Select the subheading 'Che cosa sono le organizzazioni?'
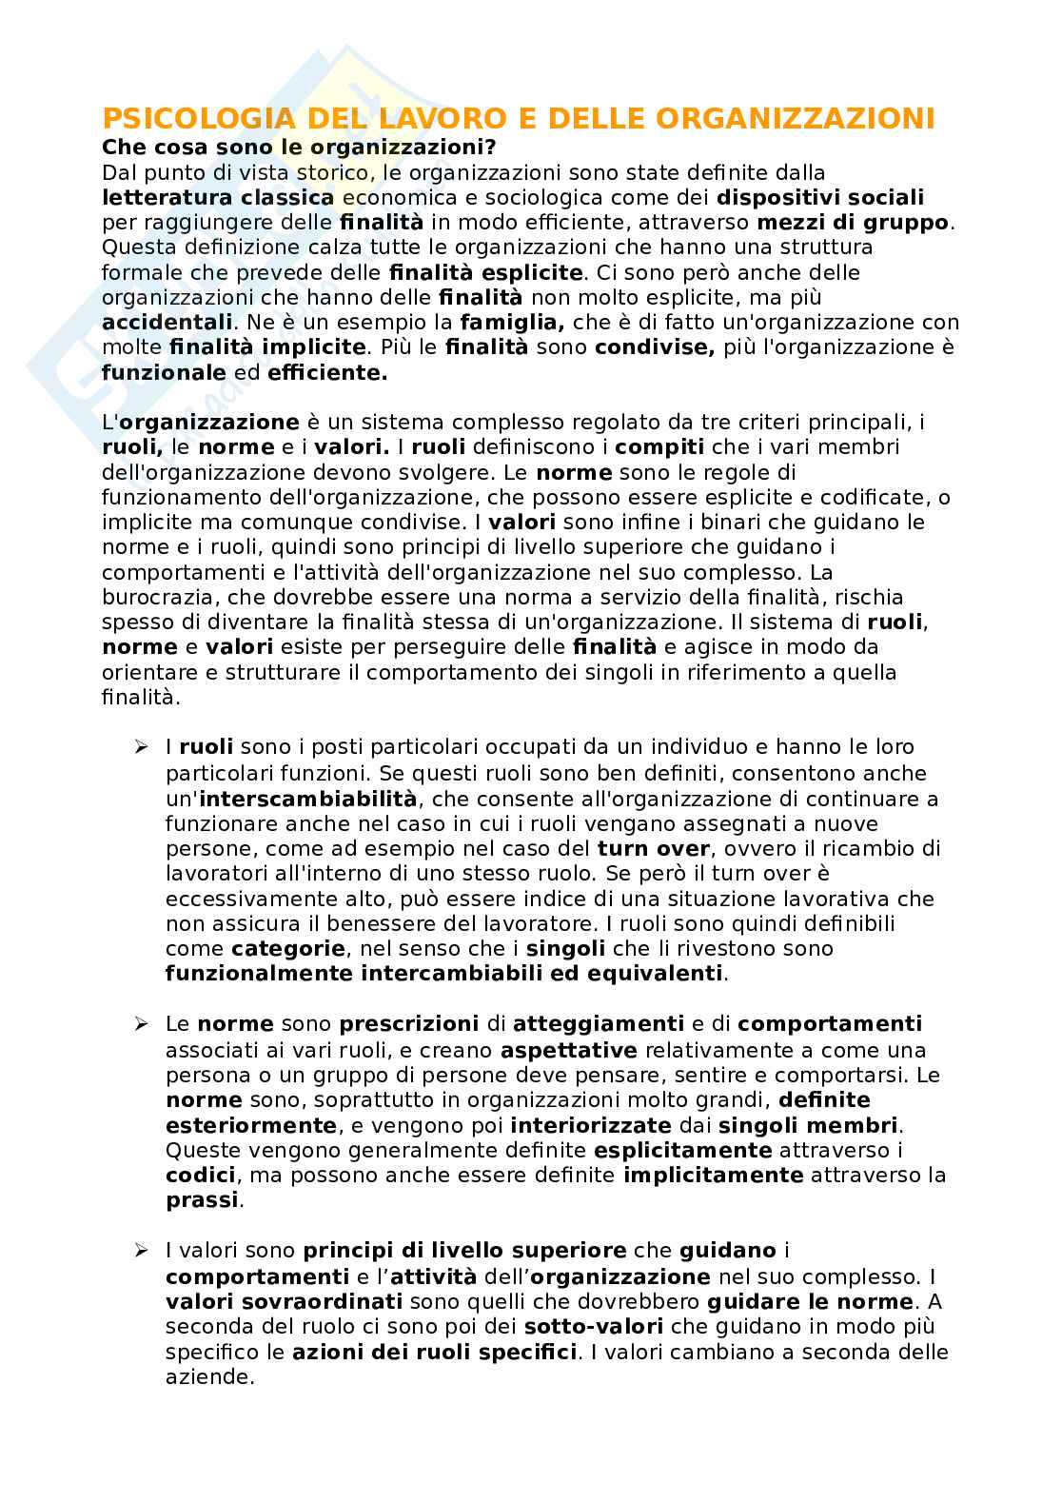coord(300,148)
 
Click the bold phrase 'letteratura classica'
coord(218,197)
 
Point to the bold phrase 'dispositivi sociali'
coord(819,197)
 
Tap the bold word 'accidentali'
coord(167,322)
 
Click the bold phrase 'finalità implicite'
coord(267,346)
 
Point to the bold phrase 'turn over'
coord(653,848)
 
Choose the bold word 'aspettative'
coord(568,1050)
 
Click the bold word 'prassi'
coord(202,1199)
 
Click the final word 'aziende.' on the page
coord(210,1376)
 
